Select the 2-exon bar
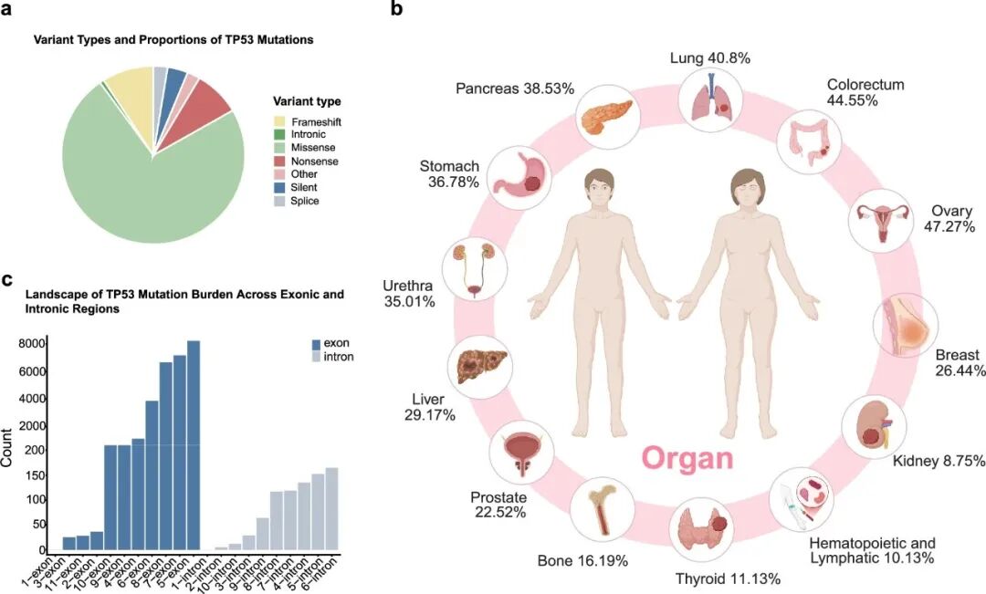pyautogui.click(x=97, y=541)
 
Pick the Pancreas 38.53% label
pyautogui.click(x=515, y=89)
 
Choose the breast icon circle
pyautogui.click(x=900, y=324)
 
